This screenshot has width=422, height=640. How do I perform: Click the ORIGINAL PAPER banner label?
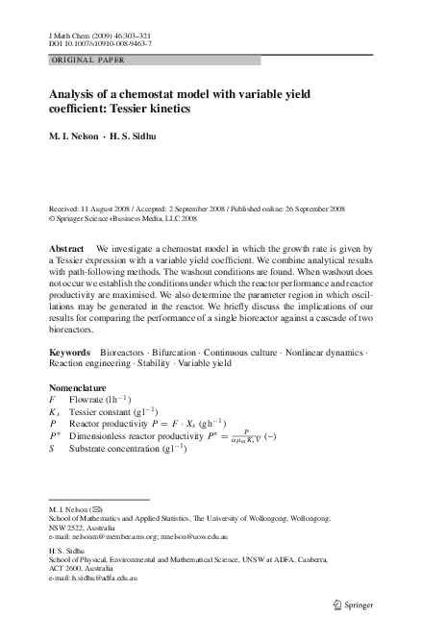click(84, 60)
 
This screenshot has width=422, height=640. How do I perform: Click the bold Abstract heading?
click(68, 248)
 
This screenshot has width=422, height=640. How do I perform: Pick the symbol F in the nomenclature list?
click(53, 398)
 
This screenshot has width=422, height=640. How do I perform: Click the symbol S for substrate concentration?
click(53, 447)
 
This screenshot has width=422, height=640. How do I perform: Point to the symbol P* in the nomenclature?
click(55, 434)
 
